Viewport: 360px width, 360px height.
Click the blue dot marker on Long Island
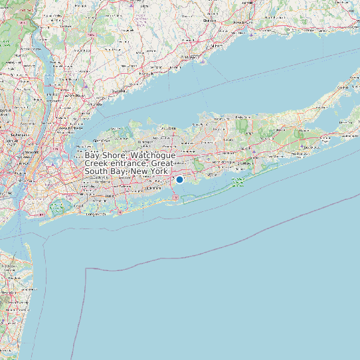click(x=179, y=179)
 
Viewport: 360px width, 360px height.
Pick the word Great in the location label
click(x=163, y=163)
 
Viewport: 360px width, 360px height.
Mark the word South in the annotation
click(x=96, y=171)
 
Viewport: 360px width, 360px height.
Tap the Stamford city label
click(x=120, y=90)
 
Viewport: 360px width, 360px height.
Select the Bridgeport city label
click(x=188, y=58)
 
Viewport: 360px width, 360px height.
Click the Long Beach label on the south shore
click(x=96, y=215)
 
